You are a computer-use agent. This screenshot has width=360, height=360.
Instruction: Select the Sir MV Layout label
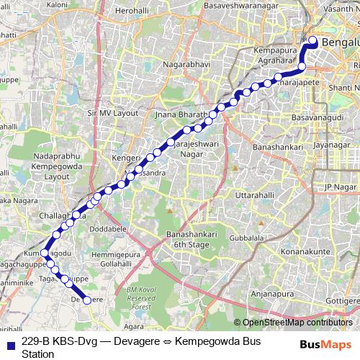click(112, 114)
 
